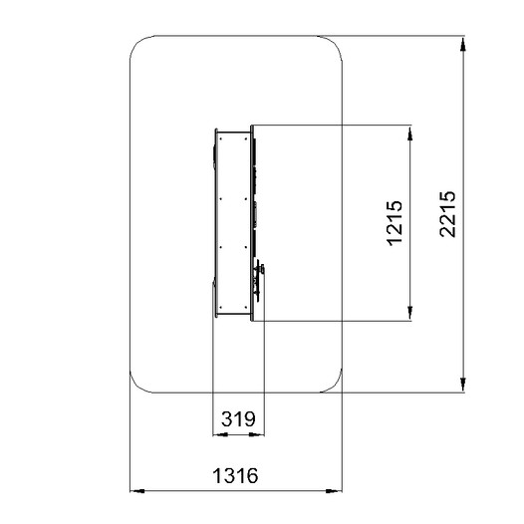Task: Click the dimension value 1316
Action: tap(235, 475)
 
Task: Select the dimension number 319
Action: tap(238, 418)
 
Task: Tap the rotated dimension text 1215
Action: tap(394, 223)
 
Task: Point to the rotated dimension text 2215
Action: tap(447, 214)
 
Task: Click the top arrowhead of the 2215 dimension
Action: tap(463, 44)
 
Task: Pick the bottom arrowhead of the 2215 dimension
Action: tap(463, 385)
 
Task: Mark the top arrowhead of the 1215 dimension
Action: tap(410, 133)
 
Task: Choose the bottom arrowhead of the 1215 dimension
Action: tap(410, 313)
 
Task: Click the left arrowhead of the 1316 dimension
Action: tap(137, 491)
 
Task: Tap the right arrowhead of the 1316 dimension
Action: tap(334, 491)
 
